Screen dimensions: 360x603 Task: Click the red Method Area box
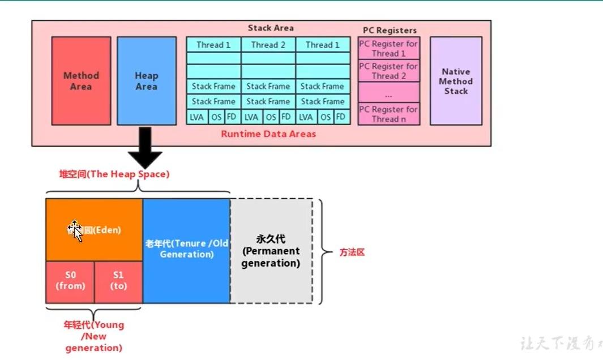click(81, 81)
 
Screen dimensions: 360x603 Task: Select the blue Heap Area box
click(146, 81)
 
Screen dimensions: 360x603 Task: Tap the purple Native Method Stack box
click(456, 81)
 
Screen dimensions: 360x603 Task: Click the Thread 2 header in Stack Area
click(268, 45)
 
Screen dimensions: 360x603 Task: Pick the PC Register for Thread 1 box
click(389, 49)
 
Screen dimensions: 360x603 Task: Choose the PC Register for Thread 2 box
click(389, 71)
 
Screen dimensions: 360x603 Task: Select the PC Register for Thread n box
click(389, 114)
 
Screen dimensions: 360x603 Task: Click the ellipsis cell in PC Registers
click(389, 92)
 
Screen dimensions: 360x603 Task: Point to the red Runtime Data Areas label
click(268, 134)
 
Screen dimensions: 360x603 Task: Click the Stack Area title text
click(271, 28)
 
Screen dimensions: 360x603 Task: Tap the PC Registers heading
click(390, 31)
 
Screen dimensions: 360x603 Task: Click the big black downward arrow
click(145, 148)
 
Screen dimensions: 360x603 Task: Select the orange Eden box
click(94, 230)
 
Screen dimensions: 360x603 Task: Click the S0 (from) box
click(70, 281)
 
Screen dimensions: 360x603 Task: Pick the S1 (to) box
click(118, 281)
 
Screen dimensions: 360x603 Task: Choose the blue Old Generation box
click(186, 249)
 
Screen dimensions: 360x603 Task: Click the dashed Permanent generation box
click(271, 251)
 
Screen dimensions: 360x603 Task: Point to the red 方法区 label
click(352, 252)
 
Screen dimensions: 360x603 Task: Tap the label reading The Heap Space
click(114, 174)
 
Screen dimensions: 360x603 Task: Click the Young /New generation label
click(93, 336)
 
